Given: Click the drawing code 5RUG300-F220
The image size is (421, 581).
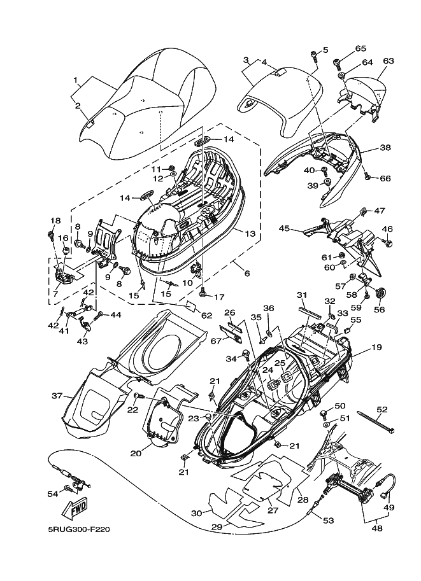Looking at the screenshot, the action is [79, 529].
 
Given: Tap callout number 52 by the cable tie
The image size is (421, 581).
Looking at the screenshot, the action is [382, 409].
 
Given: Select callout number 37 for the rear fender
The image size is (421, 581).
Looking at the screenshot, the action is [57, 396].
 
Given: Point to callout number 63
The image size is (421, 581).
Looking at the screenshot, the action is [389, 60].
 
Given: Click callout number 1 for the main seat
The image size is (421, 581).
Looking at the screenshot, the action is [75, 80].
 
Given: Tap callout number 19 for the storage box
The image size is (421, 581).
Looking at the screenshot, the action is [376, 347].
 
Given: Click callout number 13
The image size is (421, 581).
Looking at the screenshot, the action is [250, 234].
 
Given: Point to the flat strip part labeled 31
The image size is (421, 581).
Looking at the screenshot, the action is [310, 311].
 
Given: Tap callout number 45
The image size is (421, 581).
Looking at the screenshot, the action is [285, 228].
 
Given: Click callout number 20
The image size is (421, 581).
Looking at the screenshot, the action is [136, 453].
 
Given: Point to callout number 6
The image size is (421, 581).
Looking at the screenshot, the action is [247, 274].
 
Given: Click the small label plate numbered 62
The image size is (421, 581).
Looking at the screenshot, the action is [192, 305].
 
